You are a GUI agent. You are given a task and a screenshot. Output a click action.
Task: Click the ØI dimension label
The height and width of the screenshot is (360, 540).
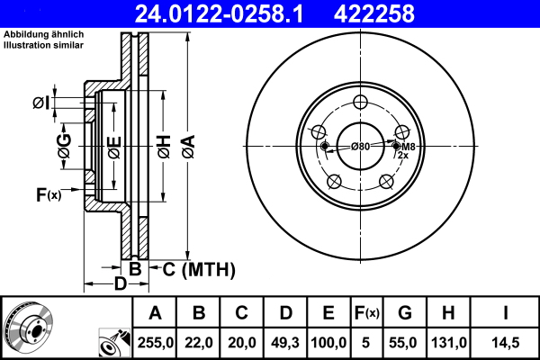click(x=40, y=103)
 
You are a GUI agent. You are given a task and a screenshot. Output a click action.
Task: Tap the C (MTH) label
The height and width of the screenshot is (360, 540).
click(x=198, y=268)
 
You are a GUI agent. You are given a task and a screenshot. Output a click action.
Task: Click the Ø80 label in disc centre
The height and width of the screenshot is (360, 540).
click(x=360, y=147)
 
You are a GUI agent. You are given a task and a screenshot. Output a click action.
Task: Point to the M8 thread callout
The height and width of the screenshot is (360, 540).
click(x=407, y=147)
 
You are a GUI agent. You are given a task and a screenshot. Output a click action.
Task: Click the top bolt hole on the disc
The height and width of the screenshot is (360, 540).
click(x=359, y=102)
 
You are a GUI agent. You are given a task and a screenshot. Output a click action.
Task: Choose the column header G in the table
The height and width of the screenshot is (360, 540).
click(x=405, y=313)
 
